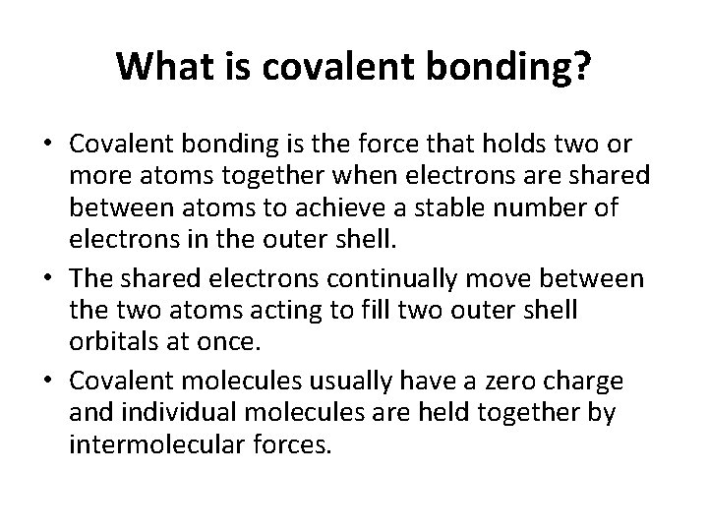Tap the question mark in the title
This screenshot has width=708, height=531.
point(583,67)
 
